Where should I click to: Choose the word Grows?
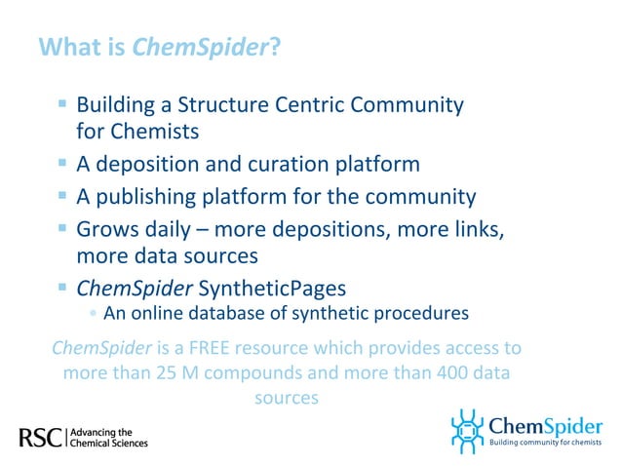click(105, 231)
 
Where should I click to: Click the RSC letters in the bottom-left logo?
click(40, 437)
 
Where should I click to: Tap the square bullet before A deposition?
click(62, 162)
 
